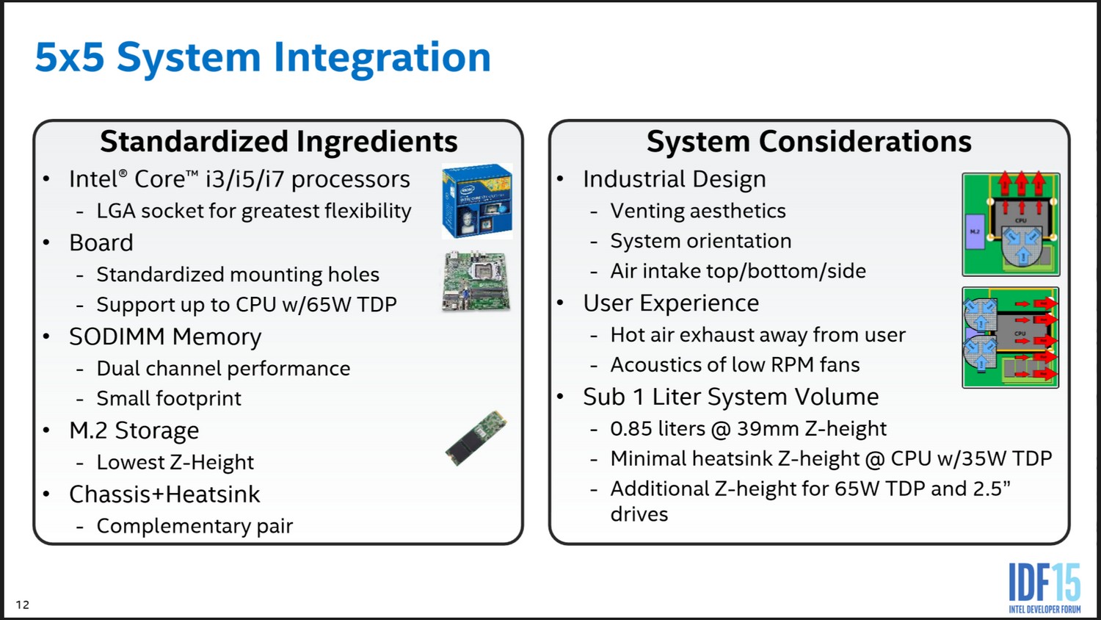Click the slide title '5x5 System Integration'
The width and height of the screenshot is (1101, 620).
pyautogui.click(x=263, y=58)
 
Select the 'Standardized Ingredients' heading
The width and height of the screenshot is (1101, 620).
pyautogui.click(x=279, y=142)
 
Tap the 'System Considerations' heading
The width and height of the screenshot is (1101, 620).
pyautogui.click(x=809, y=142)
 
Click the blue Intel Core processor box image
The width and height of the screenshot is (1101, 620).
pyautogui.click(x=477, y=201)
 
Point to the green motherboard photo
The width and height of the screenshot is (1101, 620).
pyautogui.click(x=476, y=281)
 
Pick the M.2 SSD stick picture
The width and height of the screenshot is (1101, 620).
pyautogui.click(x=476, y=438)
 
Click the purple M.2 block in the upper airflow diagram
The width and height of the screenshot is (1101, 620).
pyautogui.click(x=975, y=231)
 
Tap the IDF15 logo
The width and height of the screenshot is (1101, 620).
pyautogui.click(x=1045, y=588)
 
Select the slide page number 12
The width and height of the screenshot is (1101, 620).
pyautogui.click(x=23, y=605)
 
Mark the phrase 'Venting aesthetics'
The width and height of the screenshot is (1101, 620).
pyautogui.click(x=698, y=211)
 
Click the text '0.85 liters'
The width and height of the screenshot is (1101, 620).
pyautogui.click(x=658, y=428)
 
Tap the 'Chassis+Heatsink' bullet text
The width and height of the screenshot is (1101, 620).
pyautogui.click(x=164, y=494)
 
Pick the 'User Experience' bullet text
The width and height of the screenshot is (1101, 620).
pyautogui.click(x=671, y=303)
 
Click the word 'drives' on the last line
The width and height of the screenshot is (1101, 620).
pyautogui.click(x=639, y=514)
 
